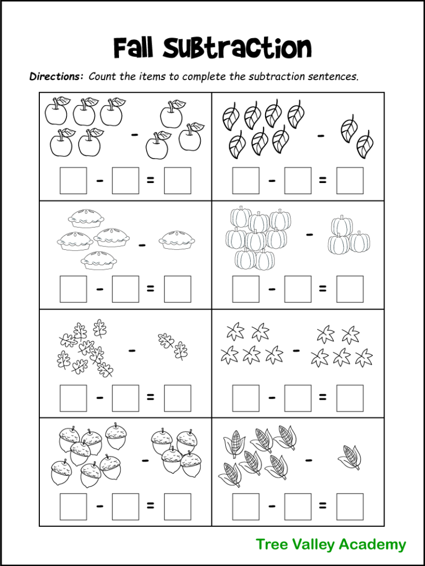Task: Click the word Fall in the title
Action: pos(135,48)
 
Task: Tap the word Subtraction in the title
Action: pos(237,48)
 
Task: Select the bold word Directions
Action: pos(56,76)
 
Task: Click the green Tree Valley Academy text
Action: pos(331,544)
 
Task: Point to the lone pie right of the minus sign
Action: pos(177,240)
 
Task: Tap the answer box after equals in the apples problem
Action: pos(178,181)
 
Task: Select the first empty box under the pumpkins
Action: pos(246,289)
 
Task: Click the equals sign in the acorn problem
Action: pos(151,506)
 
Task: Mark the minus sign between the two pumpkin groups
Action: pos(309,235)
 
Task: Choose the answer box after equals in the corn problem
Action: pos(350,506)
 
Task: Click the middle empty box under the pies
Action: pos(126,289)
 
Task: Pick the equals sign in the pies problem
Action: pos(151,289)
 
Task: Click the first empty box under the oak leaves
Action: pos(73,398)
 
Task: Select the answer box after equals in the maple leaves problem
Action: pos(350,398)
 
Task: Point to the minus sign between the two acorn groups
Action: pos(145,460)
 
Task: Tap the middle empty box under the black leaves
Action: pos(298,181)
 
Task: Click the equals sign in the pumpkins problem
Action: pos(323,289)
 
